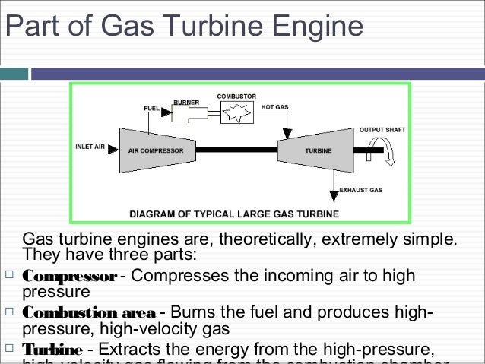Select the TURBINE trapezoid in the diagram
[314, 150]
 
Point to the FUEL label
[151, 109]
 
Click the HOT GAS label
[274, 107]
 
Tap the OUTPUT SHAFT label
[382, 129]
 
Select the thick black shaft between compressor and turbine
[236, 150]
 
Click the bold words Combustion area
[90, 313]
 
